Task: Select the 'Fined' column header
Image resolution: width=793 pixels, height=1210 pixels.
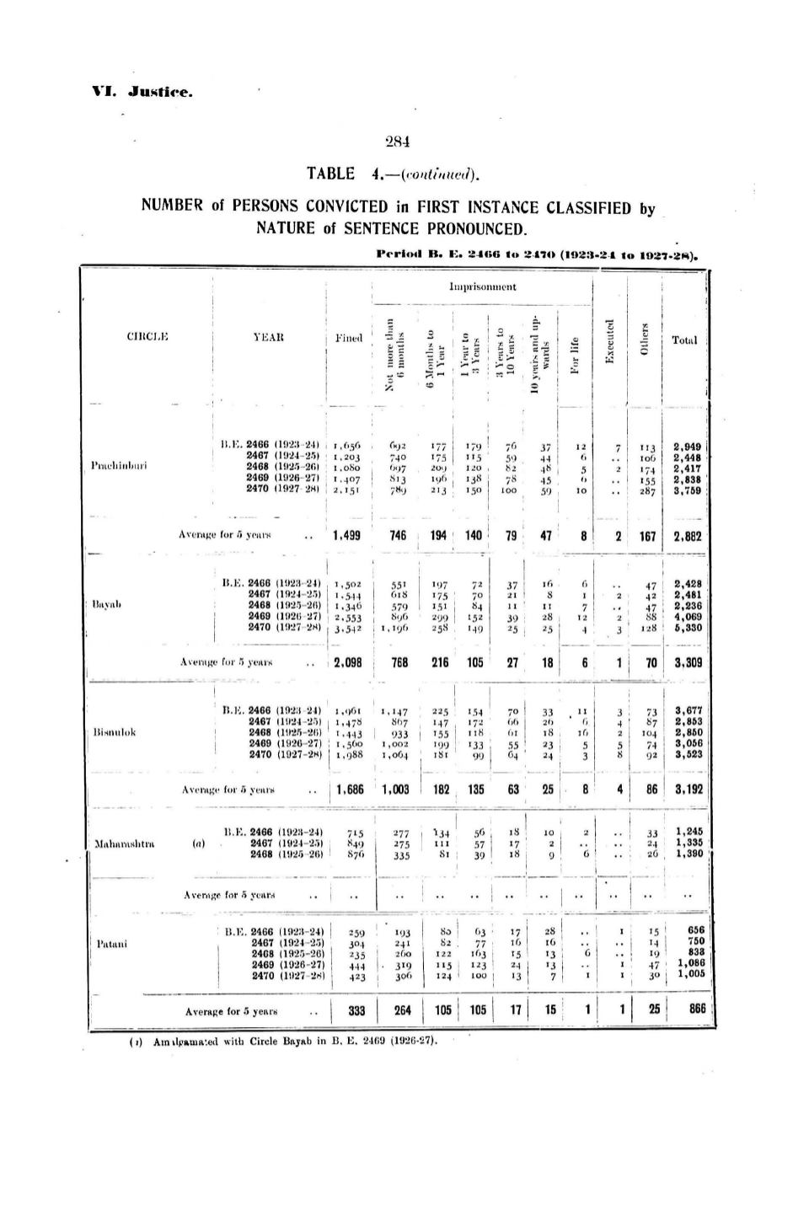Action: (347, 339)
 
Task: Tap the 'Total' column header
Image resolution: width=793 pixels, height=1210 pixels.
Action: (684, 340)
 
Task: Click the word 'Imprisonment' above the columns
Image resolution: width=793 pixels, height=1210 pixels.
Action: (483, 286)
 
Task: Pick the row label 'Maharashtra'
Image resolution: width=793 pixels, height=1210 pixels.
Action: (123, 843)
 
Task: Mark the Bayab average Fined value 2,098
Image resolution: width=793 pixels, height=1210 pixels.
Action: (348, 662)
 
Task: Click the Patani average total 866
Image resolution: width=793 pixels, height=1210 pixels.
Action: (691, 1010)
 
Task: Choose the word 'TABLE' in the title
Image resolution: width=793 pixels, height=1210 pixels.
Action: (331, 174)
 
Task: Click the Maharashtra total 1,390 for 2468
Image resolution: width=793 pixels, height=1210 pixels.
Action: (689, 854)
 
